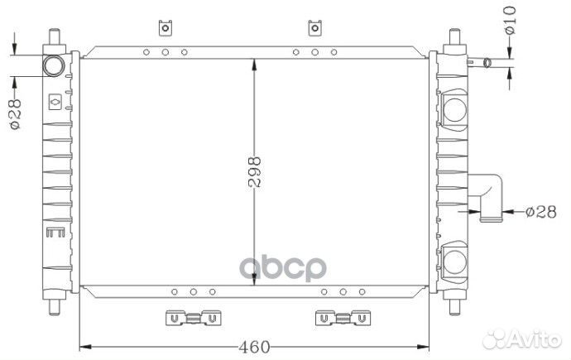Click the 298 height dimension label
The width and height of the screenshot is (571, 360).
tap(255, 171)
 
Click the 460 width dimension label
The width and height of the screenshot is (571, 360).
tap(255, 347)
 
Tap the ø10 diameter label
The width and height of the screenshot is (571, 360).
tap(511, 21)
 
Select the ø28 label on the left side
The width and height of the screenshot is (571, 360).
tap(15, 114)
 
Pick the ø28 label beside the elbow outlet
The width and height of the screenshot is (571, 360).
tap(541, 212)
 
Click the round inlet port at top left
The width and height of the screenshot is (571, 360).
tap(54, 66)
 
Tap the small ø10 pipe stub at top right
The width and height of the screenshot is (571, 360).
tap(480, 63)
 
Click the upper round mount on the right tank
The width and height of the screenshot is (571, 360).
tap(455, 109)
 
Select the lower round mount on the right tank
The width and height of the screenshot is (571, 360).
tap(455, 262)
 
